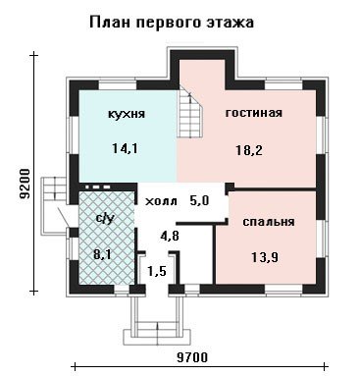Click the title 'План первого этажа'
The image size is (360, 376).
172,24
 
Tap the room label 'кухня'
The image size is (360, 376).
127,114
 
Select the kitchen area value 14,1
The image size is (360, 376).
125,149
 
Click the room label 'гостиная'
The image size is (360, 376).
254,113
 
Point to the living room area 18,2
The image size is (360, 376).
249,150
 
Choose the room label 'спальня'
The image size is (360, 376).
269,222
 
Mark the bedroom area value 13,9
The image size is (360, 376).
265,257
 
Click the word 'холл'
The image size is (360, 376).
161,201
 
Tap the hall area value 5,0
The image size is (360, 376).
199,200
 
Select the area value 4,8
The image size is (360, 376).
170,236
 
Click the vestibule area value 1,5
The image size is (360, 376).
156,271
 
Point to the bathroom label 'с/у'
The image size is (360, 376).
105,219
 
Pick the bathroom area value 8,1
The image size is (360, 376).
103,254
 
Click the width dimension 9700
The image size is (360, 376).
192,357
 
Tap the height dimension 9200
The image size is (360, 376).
25,184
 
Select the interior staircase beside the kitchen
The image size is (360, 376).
189,113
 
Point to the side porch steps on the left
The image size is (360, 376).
54,204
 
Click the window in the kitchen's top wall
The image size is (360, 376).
118,84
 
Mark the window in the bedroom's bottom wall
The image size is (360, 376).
283,290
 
